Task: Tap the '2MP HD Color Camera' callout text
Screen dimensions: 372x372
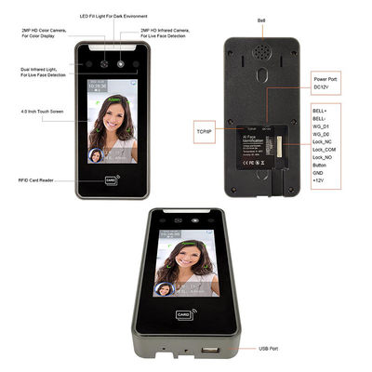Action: tap(46, 33)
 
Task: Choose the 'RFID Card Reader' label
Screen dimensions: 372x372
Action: tap(35, 179)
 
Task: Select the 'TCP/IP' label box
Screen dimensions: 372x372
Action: tap(205, 133)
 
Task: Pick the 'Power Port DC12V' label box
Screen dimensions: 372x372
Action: tap(326, 85)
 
